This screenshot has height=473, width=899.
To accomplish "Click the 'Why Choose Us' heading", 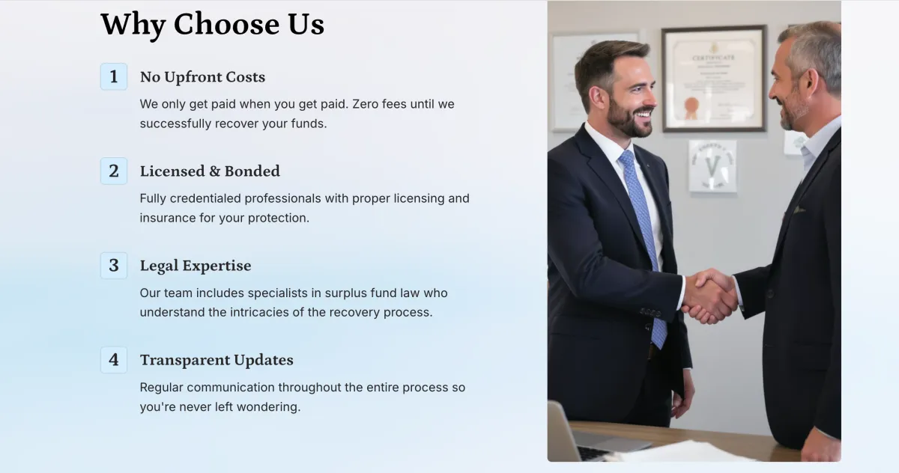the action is [212, 25].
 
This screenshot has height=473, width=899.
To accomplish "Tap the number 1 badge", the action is [114, 76].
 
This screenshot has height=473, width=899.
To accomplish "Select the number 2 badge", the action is [114, 171].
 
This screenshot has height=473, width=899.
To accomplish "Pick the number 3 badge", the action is [114, 266].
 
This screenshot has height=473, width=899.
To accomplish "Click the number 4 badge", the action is [114, 360].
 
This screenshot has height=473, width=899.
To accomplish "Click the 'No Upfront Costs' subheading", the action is [203, 77].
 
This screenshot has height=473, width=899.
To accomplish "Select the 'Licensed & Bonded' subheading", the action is [210, 171].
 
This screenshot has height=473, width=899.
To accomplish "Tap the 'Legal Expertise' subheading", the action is [196, 266].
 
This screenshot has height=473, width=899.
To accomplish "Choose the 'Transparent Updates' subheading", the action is [217, 360].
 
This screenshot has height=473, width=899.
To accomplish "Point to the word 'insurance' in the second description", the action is [168, 218].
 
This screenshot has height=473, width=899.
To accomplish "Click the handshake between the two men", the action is [709, 296].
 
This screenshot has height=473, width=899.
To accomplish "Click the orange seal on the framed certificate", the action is [691, 108].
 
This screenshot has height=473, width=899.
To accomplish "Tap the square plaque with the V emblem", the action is [712, 165].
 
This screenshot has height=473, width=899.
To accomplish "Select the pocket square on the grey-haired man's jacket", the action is [799, 210].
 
